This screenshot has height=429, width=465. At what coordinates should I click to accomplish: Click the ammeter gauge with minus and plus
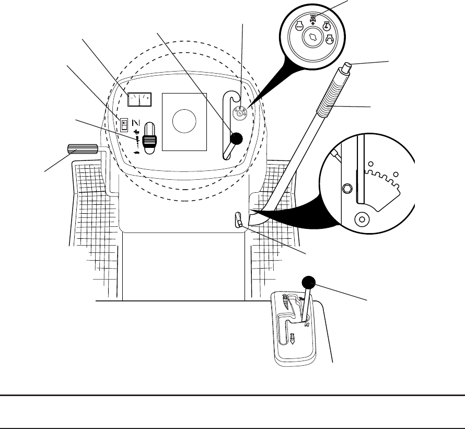pos(140,98)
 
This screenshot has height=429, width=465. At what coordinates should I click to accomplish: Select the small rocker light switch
pos(124,124)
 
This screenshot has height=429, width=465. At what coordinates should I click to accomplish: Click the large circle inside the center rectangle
pos(185,121)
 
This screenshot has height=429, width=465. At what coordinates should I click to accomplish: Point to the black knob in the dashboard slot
pos(237,138)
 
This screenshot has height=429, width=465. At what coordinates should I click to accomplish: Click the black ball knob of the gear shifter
pos(308,283)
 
